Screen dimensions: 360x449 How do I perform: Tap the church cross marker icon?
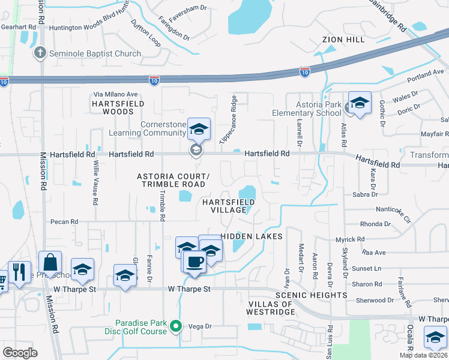tap(40, 53)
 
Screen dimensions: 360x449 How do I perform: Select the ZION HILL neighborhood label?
tap(343, 40)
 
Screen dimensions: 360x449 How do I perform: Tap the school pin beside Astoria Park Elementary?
tap(360, 103)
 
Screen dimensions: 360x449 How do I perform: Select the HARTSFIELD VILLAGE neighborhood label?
tap(228, 206)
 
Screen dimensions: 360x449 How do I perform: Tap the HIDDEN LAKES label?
tap(252, 236)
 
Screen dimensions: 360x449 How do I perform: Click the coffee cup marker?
tap(194, 262)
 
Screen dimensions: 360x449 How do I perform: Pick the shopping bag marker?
tap(50, 263)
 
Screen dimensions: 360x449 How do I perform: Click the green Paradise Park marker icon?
tap(176, 326)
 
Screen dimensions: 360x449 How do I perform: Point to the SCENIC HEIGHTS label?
tap(311, 295)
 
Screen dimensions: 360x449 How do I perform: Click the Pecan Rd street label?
tap(64, 221)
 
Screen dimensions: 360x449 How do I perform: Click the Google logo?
tap(20, 353)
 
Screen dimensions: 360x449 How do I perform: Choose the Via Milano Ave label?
tap(116, 94)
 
